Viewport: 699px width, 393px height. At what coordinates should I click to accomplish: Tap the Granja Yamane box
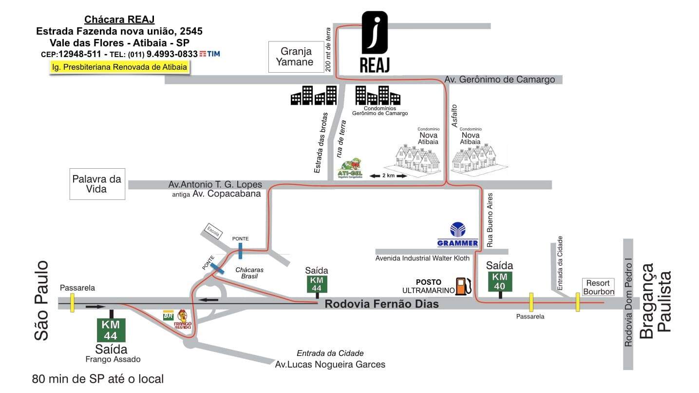tap(296, 57)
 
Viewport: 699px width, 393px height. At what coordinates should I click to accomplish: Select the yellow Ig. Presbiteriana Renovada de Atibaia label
tap(120, 67)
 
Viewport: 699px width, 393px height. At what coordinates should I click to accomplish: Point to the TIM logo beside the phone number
tap(210, 54)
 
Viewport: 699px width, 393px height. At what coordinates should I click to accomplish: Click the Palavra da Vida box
tap(96, 184)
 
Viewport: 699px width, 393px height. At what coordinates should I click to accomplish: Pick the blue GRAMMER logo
tap(457, 235)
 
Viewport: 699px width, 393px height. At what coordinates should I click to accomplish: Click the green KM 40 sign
tap(500, 282)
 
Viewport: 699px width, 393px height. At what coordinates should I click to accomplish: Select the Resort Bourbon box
tap(598, 287)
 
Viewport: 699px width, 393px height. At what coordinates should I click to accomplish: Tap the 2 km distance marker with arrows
tap(388, 176)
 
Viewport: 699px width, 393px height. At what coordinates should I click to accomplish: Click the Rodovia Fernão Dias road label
tap(381, 304)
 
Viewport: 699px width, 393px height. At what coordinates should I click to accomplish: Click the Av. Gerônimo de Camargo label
tap(499, 79)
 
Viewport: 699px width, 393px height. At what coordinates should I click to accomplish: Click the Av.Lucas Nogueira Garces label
tap(330, 364)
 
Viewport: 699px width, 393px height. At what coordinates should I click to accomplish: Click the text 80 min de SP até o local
tap(98, 378)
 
